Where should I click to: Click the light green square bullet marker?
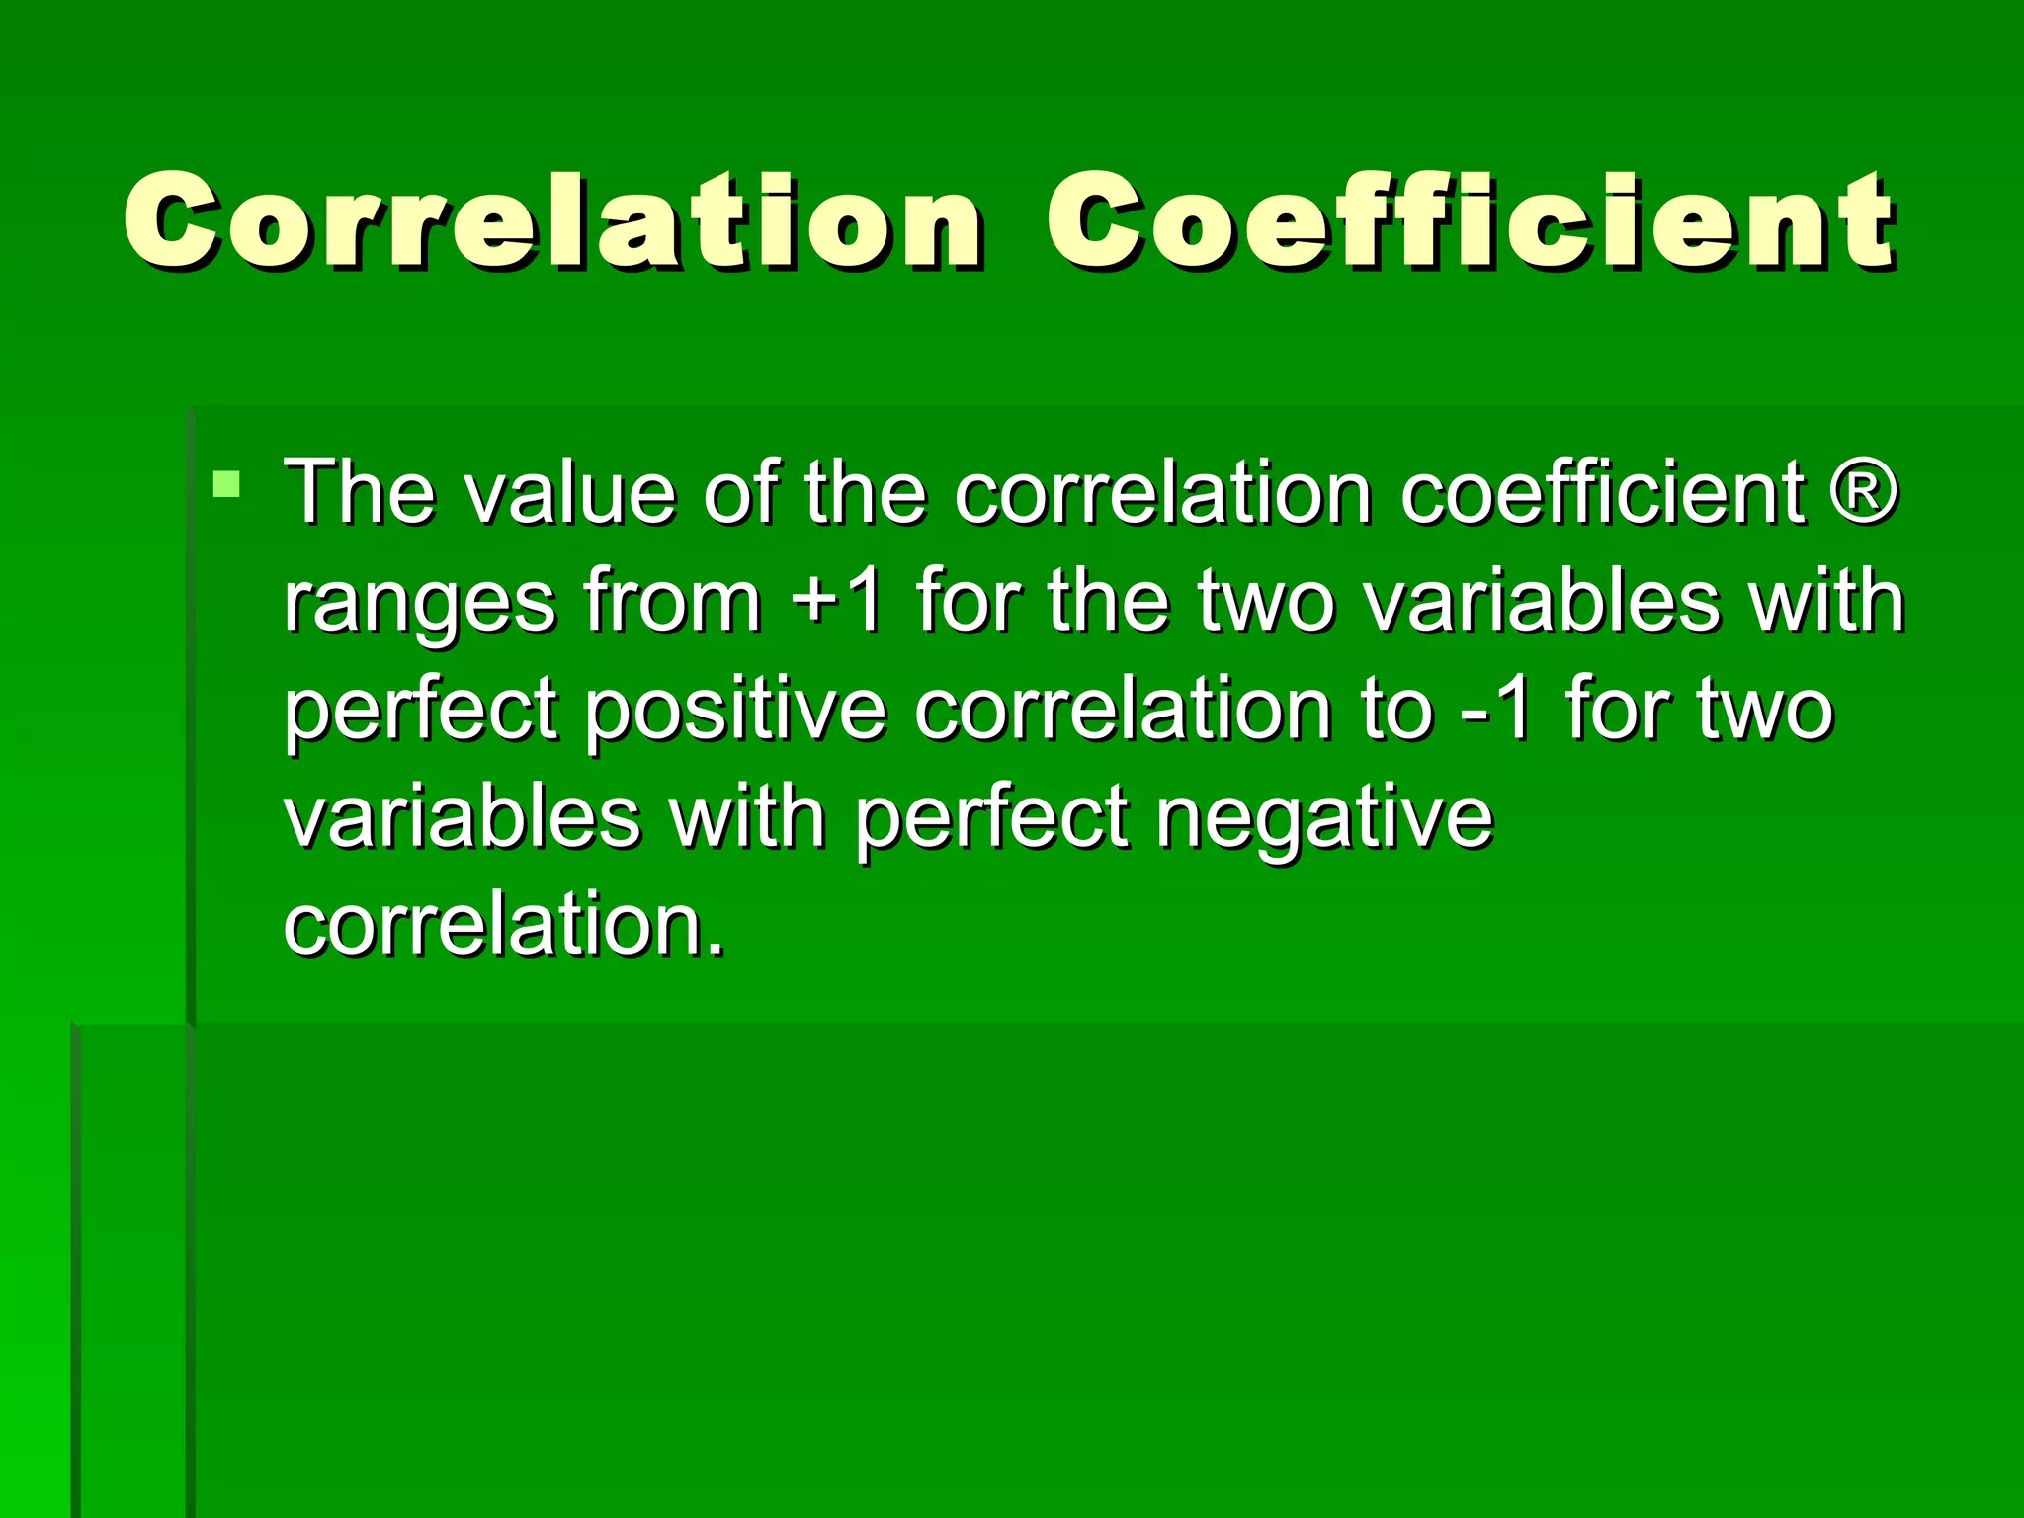pos(226,484)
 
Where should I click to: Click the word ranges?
pos(420,603)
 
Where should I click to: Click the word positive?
pos(735,712)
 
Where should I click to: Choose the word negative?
pos(1324,820)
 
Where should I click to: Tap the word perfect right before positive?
pos(421,712)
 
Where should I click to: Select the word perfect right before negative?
pos(991,820)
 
